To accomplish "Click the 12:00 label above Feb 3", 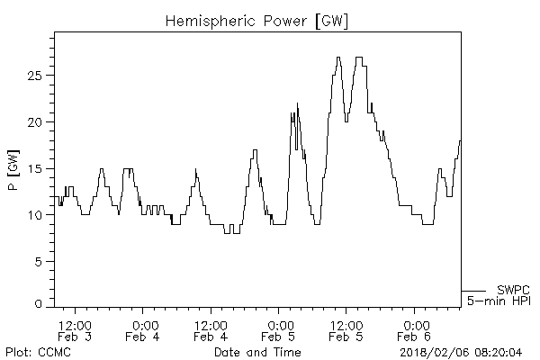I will point(74,325).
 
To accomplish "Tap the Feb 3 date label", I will point(74,337).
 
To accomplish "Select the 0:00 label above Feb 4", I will point(143,325).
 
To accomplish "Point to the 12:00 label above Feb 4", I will point(211,325).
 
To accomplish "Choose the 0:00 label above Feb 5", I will point(279,325).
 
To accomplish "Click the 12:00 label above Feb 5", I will point(346,325).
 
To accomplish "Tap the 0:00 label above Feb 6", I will point(415,325).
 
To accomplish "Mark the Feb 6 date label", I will point(415,337).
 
